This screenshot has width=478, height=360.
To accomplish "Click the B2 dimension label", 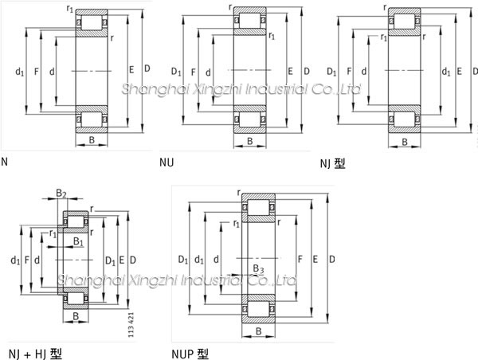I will (61, 194).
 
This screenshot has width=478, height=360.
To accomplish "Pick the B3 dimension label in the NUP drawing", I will (257, 268).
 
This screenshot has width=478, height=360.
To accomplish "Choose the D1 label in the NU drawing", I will (176, 72).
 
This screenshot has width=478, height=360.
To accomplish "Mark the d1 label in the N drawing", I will (19, 72).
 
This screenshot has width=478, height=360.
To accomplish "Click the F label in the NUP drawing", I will (300, 260).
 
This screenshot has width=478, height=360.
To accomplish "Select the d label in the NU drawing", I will (208, 72).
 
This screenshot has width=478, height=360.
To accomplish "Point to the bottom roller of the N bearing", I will (92, 120).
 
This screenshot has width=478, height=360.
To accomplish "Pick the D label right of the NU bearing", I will (307, 72).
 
